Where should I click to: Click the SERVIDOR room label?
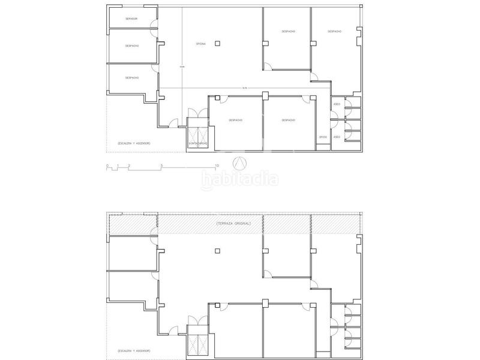coord(131,19)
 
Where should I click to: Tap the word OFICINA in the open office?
coord(200,44)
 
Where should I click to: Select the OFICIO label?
coord(323,137)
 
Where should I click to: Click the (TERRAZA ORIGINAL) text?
coord(233,223)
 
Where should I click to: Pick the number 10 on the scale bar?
coord(217,165)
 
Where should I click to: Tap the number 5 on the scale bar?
coord(161,165)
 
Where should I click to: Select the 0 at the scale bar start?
coord(107,165)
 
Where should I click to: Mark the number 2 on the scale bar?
coord(129,165)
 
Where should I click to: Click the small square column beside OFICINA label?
coord(218,42)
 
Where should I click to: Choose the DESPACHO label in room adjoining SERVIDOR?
coord(132,46)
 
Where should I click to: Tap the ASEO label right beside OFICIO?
coord(337,137)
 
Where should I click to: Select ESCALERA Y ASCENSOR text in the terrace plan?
coord(130,350)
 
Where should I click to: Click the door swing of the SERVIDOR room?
coord(154,24)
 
